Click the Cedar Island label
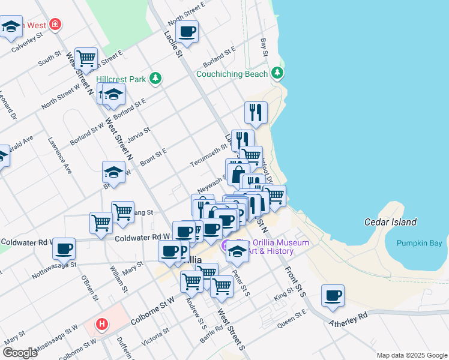(x=390, y=222)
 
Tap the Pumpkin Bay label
(x=419, y=243)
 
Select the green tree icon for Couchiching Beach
(x=277, y=74)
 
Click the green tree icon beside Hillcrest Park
(x=155, y=79)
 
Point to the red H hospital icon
(x=103, y=325)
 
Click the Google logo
(x=20, y=353)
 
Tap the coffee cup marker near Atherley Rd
(x=333, y=295)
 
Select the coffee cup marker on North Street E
(x=187, y=31)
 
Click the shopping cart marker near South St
(x=86, y=58)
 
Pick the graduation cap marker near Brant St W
(x=113, y=172)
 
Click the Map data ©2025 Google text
(x=411, y=355)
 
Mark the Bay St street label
(x=264, y=46)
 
